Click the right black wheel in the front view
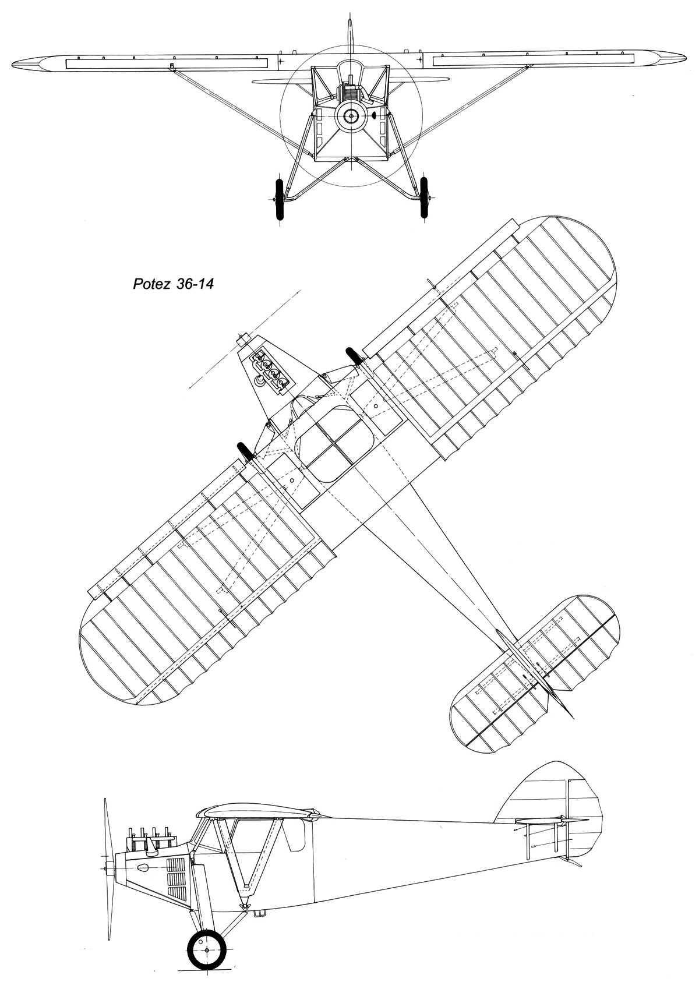424,198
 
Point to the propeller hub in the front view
351,116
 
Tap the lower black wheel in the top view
245,451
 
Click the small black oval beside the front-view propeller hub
373,116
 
